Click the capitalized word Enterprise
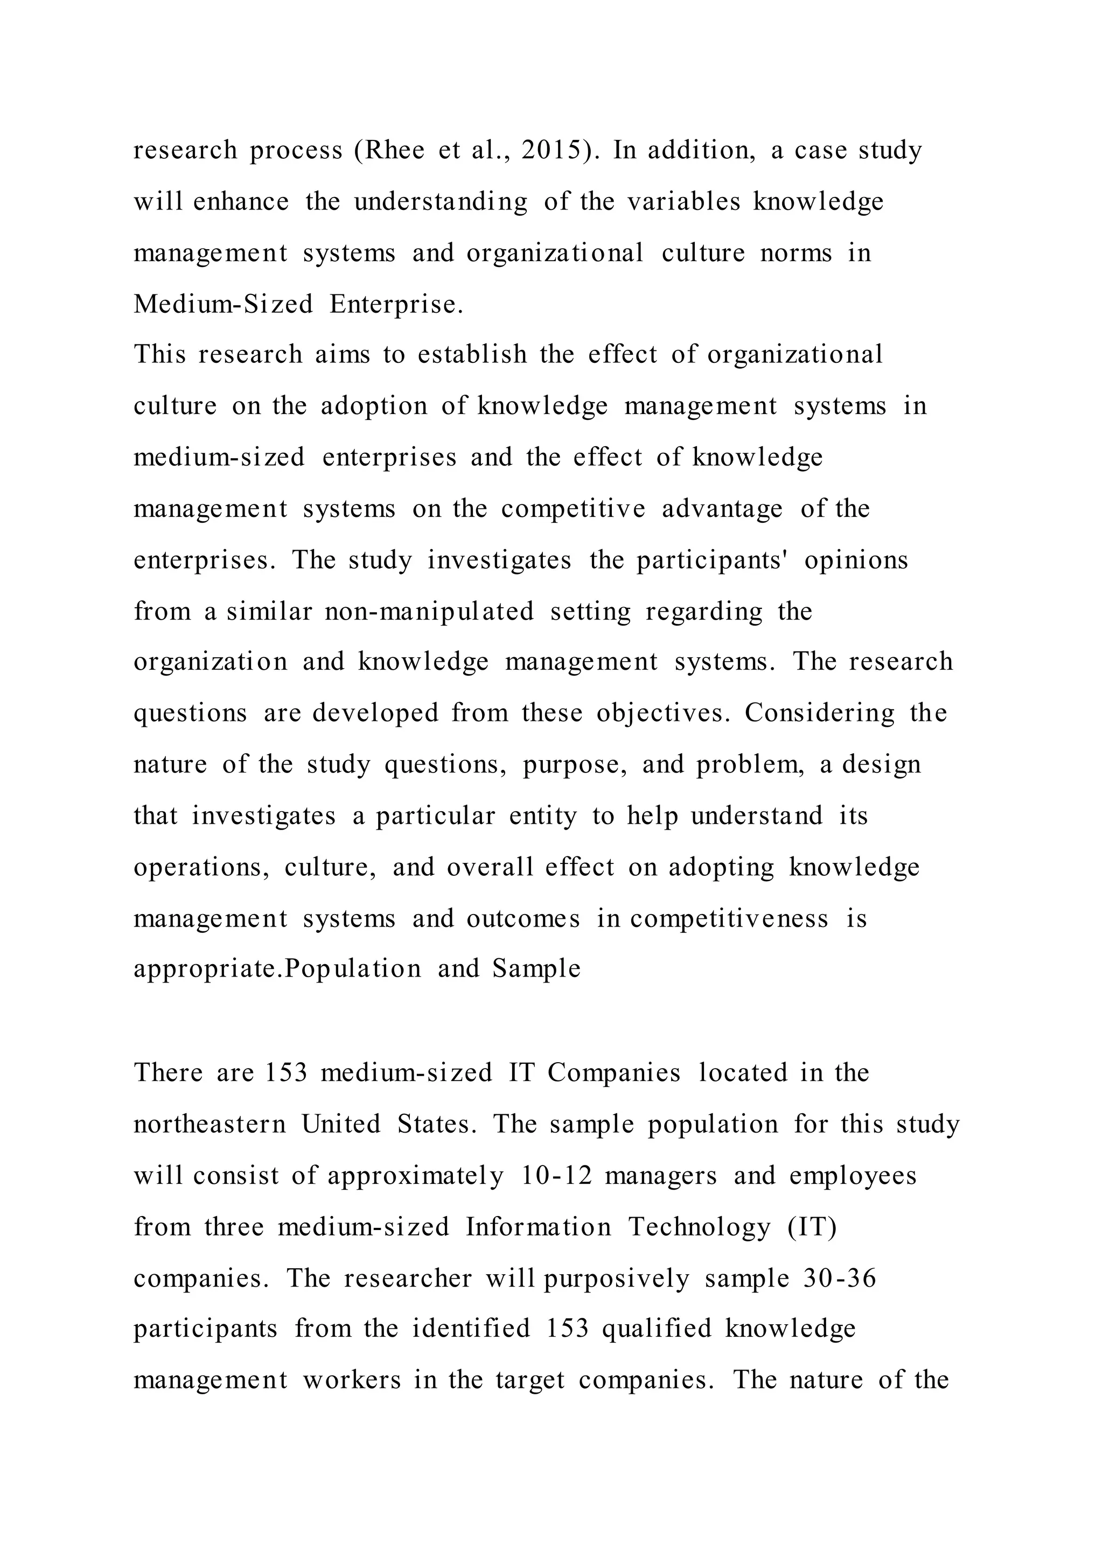pyautogui.click(x=396, y=304)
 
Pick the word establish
pyautogui.click(x=472, y=354)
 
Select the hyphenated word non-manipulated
pyautogui.click(x=429, y=611)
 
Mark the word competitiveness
pyautogui.click(x=729, y=919)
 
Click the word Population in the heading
pyautogui.click(x=353, y=968)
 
